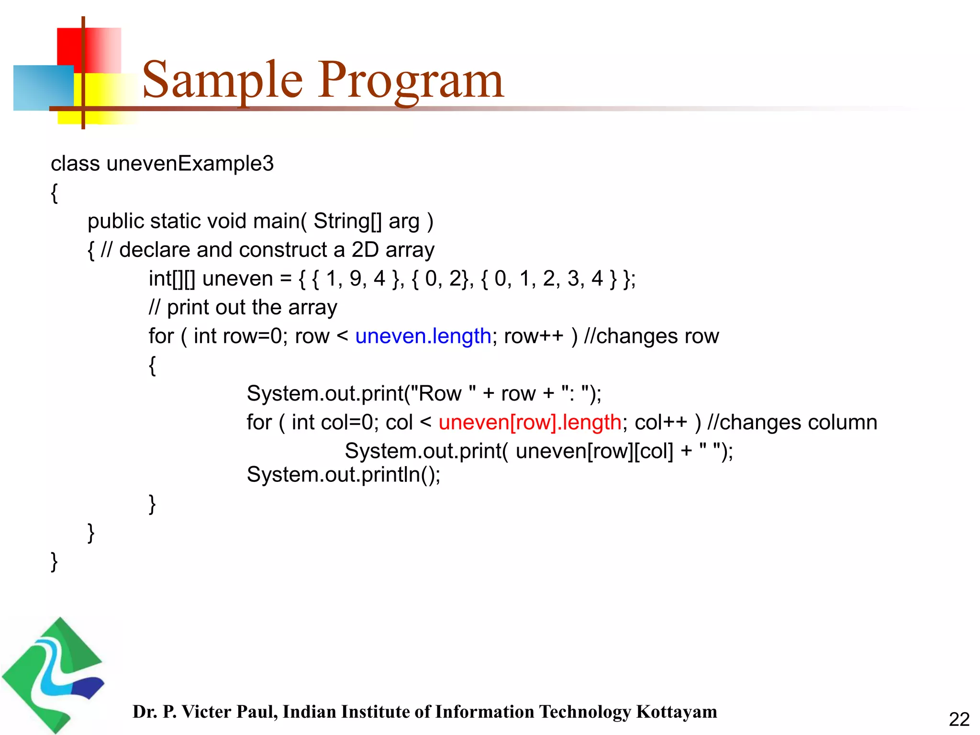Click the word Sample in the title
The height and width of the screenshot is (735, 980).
click(223, 80)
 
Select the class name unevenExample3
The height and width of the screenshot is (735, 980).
click(190, 164)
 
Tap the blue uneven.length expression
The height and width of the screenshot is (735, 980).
click(423, 336)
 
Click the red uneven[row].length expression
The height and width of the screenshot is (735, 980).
click(530, 423)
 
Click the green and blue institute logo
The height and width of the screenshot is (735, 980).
click(53, 675)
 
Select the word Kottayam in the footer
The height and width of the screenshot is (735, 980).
click(676, 712)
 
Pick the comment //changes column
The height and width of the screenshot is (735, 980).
click(792, 423)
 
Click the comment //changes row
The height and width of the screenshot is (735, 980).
click(651, 336)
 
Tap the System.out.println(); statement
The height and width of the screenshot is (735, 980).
click(343, 475)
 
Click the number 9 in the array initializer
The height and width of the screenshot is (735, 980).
click(355, 278)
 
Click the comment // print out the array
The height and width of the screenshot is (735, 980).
click(243, 308)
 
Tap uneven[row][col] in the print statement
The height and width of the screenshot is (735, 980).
click(594, 451)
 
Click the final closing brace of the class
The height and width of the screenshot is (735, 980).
click(54, 561)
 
